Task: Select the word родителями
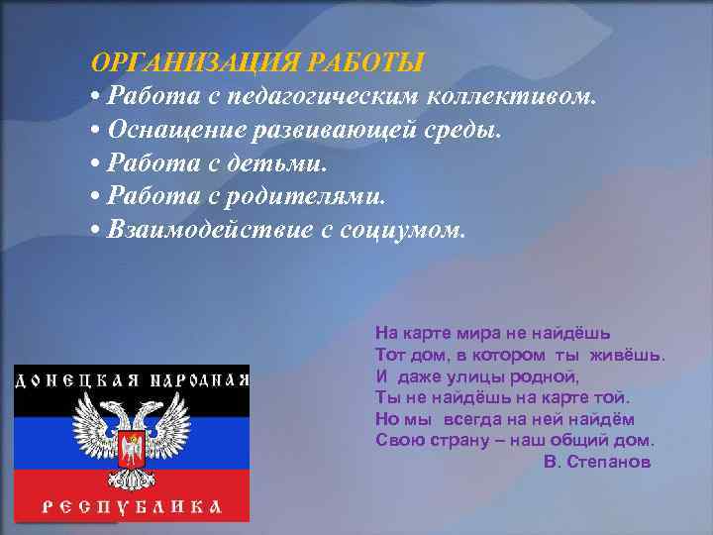(x=312, y=196)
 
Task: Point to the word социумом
(x=410, y=230)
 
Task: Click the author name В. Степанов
(x=597, y=462)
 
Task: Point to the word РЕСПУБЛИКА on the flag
(x=131, y=504)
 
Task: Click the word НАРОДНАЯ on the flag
(x=195, y=379)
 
